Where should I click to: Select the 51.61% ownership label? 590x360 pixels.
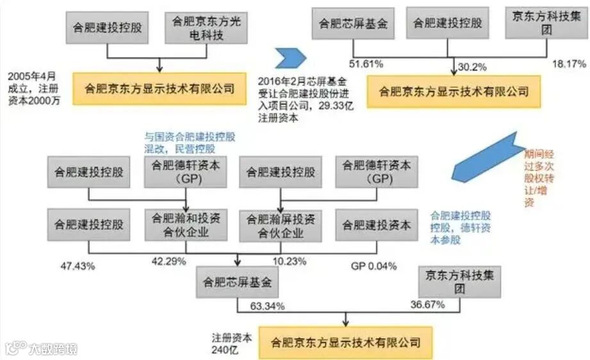tap(365, 64)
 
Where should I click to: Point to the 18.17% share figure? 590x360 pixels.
tap(569, 64)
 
